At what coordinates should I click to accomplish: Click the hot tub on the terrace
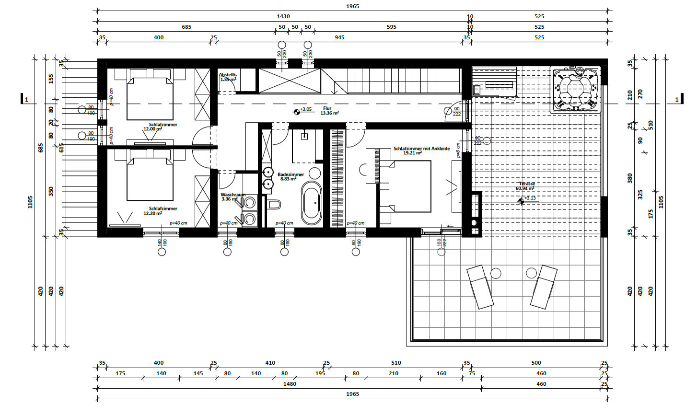[576, 90]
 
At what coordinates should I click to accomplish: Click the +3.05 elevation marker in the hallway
[297, 112]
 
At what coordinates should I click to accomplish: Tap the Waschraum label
[232, 197]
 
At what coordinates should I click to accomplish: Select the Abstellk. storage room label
[228, 77]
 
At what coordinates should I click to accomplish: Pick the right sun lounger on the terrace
[544, 286]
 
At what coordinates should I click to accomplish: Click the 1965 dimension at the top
[352, 7]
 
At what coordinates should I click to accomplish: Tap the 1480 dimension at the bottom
[290, 384]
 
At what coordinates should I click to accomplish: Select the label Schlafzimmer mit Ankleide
[421, 150]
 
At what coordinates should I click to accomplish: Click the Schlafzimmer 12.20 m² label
[163, 211]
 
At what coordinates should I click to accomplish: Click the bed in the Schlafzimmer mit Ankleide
[405, 186]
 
